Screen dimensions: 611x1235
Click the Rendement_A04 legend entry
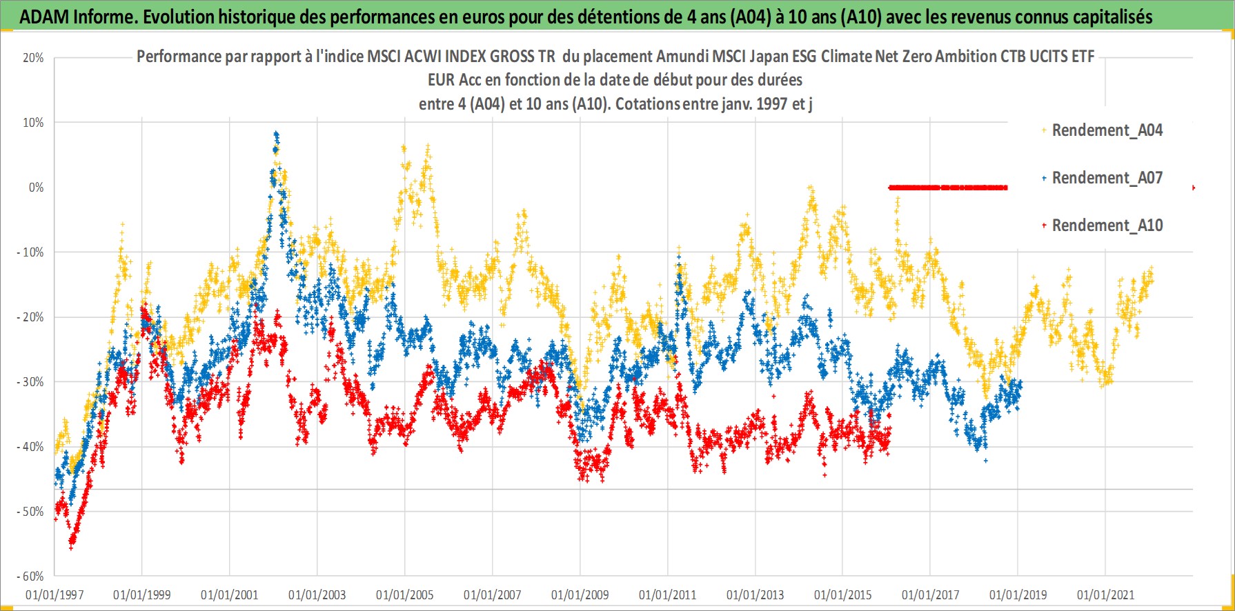point(1107,130)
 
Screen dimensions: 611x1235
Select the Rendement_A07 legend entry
point(1107,178)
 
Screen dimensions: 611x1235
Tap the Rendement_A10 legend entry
point(1107,226)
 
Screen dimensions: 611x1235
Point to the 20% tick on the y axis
point(33,58)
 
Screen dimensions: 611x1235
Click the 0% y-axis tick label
point(36,188)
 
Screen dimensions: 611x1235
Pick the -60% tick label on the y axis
point(30,577)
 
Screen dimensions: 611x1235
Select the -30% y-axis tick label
point(30,382)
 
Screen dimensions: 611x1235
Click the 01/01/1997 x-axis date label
point(55,595)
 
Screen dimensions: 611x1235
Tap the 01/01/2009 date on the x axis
point(580,595)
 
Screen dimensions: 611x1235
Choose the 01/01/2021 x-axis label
point(1105,595)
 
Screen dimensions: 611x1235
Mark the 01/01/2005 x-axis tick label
point(405,595)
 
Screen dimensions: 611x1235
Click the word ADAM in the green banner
point(43,17)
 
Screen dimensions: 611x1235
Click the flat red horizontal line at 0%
point(947,188)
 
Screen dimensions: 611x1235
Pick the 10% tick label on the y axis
point(33,123)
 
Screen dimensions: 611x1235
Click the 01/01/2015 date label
point(842,595)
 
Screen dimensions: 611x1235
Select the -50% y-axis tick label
point(30,512)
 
